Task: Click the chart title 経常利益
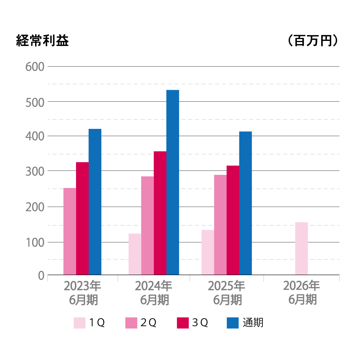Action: click(42, 41)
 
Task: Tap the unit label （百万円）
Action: click(313, 41)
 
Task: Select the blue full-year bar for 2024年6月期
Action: click(173, 182)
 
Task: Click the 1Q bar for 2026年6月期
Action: click(301, 248)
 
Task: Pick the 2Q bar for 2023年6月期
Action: click(70, 231)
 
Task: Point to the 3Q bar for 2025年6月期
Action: click(233, 220)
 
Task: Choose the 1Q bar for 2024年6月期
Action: click(135, 254)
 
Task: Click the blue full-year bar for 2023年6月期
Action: click(95, 202)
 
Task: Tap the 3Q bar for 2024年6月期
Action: click(160, 213)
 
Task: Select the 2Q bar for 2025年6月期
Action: click(220, 225)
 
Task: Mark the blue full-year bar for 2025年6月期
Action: click(245, 203)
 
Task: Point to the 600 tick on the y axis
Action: click(35, 67)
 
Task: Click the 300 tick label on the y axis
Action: click(35, 171)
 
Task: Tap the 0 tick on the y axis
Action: click(41, 276)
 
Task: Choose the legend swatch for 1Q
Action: click(80, 323)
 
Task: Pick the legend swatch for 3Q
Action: click(183, 323)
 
